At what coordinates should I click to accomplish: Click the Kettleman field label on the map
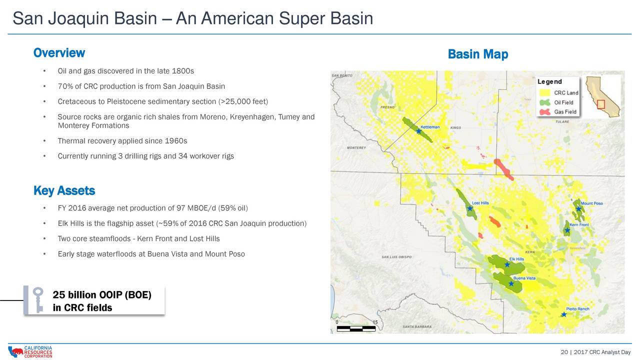[x=430, y=127]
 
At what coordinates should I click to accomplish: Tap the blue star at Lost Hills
[x=470, y=208]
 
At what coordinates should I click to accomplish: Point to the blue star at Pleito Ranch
[x=563, y=314]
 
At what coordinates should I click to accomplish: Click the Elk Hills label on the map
[x=516, y=259]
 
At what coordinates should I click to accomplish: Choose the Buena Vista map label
[x=524, y=278]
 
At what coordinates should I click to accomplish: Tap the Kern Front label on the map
[x=579, y=225]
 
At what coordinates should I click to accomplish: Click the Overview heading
[x=59, y=53]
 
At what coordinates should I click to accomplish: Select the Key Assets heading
[x=64, y=191]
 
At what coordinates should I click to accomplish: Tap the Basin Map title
[x=477, y=54]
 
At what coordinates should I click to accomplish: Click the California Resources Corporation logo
[x=30, y=352]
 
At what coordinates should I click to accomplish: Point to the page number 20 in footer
[x=564, y=352]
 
